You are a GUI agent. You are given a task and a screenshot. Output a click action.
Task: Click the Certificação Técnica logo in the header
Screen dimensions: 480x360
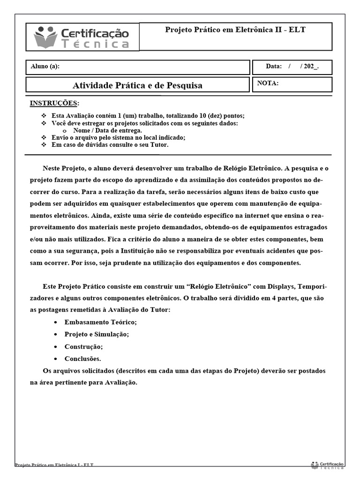click(x=82, y=37)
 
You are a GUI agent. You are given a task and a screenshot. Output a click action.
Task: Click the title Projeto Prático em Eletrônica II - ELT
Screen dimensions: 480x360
click(x=235, y=30)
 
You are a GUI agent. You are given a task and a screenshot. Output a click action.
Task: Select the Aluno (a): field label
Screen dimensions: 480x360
click(x=45, y=67)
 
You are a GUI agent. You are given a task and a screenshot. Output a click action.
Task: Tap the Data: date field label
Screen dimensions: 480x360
click(x=274, y=67)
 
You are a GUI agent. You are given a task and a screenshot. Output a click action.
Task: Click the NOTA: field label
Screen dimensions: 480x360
click(x=268, y=83)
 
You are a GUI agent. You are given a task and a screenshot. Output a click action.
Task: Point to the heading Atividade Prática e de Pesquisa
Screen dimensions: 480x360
click(x=137, y=85)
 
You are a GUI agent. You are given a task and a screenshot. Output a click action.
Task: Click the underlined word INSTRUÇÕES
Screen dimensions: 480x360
click(x=54, y=103)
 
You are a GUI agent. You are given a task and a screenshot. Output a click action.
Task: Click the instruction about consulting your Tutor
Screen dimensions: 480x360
click(x=110, y=145)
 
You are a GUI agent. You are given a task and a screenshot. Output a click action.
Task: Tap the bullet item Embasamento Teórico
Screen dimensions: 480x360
click(x=100, y=322)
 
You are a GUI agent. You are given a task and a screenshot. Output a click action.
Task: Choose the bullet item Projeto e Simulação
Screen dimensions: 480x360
click(x=97, y=334)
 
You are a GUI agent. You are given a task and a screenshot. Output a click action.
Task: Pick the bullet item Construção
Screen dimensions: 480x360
click(x=83, y=346)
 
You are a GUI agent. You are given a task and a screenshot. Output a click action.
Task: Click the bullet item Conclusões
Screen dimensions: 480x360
click(x=82, y=359)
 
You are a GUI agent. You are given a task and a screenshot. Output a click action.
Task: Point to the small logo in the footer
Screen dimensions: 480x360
click(x=327, y=465)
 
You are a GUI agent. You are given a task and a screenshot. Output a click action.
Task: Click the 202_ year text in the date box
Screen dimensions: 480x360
click(x=311, y=67)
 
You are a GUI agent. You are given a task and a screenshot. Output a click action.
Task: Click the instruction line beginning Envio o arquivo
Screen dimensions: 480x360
click(x=119, y=138)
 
